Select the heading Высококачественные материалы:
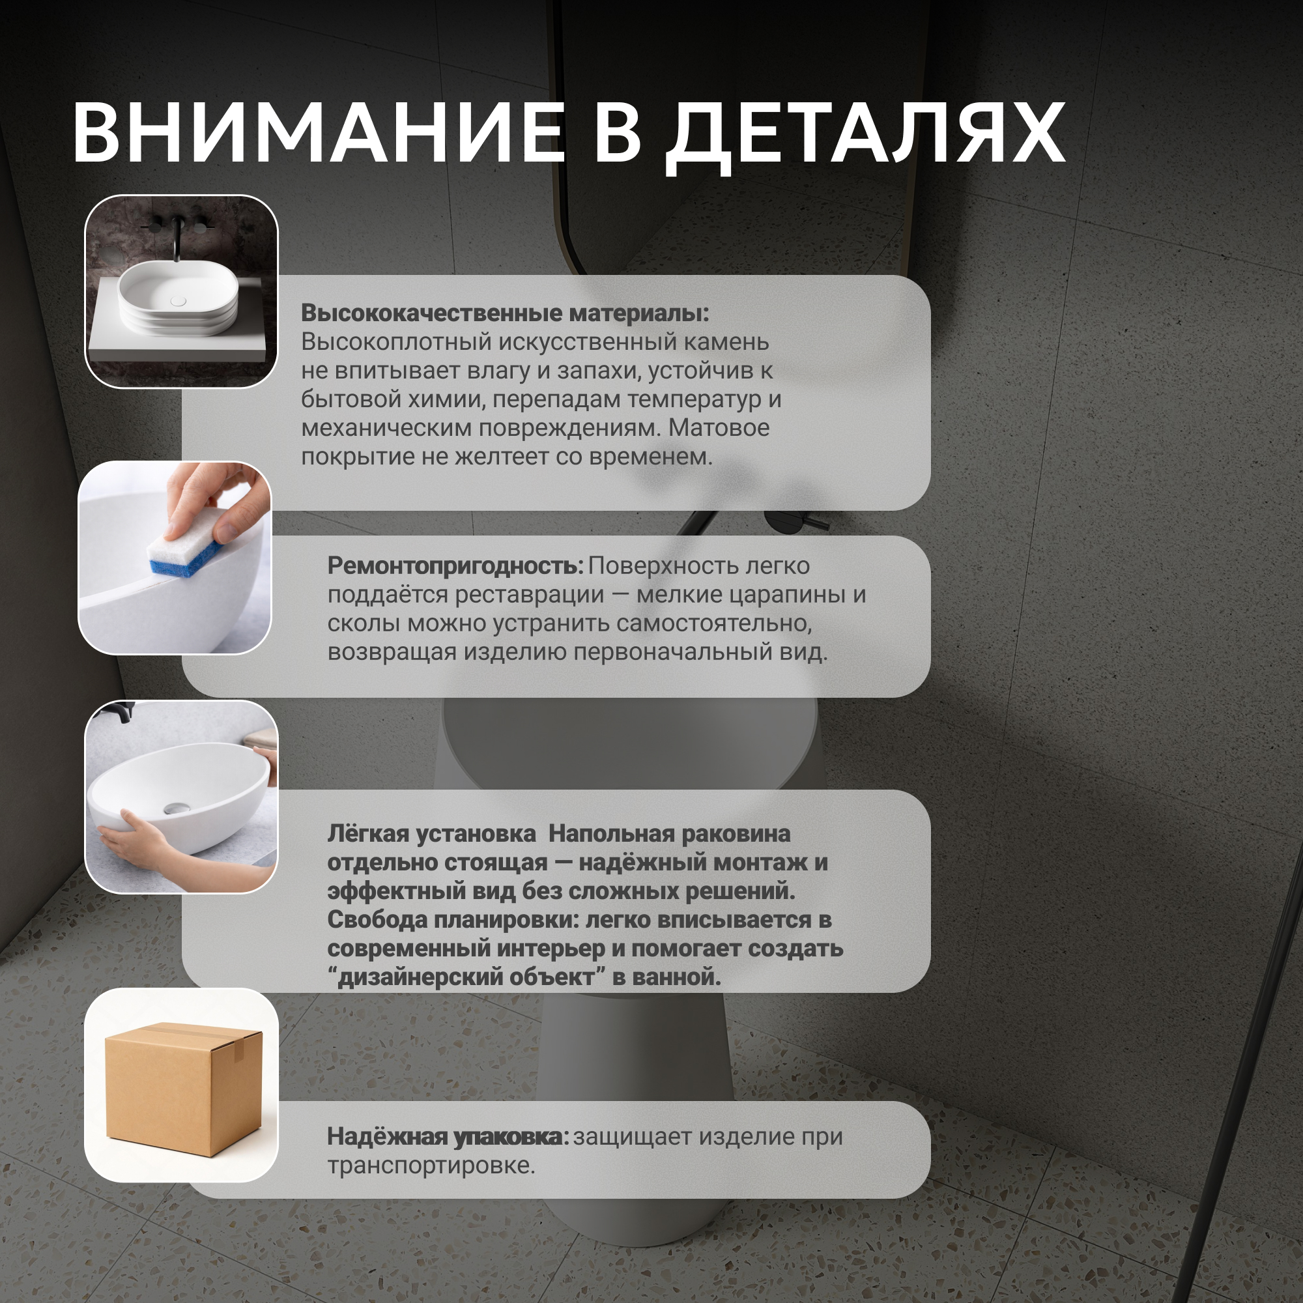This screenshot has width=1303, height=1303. [504, 313]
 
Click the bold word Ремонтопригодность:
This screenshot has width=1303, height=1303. [455, 566]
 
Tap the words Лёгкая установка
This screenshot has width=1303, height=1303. [432, 834]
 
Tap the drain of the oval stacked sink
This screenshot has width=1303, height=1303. [178, 301]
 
